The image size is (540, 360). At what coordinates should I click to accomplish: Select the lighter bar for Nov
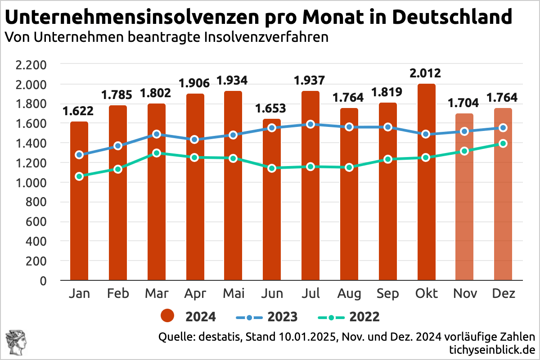click(x=464, y=202)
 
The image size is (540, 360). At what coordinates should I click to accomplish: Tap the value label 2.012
click(x=426, y=73)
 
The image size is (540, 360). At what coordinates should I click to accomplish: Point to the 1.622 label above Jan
click(x=79, y=111)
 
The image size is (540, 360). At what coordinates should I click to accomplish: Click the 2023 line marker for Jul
click(x=310, y=124)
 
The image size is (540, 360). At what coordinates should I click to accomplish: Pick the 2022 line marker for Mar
click(x=156, y=153)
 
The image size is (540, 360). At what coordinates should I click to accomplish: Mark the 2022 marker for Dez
click(x=503, y=144)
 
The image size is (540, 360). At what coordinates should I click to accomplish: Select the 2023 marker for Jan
click(x=79, y=155)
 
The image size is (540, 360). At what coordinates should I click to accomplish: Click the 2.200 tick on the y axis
click(x=31, y=65)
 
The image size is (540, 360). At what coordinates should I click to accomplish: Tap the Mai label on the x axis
click(x=233, y=294)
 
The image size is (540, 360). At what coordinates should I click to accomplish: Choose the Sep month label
click(x=387, y=294)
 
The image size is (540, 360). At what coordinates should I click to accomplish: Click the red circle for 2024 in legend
click(x=168, y=316)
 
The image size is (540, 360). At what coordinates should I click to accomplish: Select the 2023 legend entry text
click(x=283, y=316)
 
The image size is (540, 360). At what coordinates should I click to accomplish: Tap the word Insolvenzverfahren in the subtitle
click(x=266, y=37)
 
